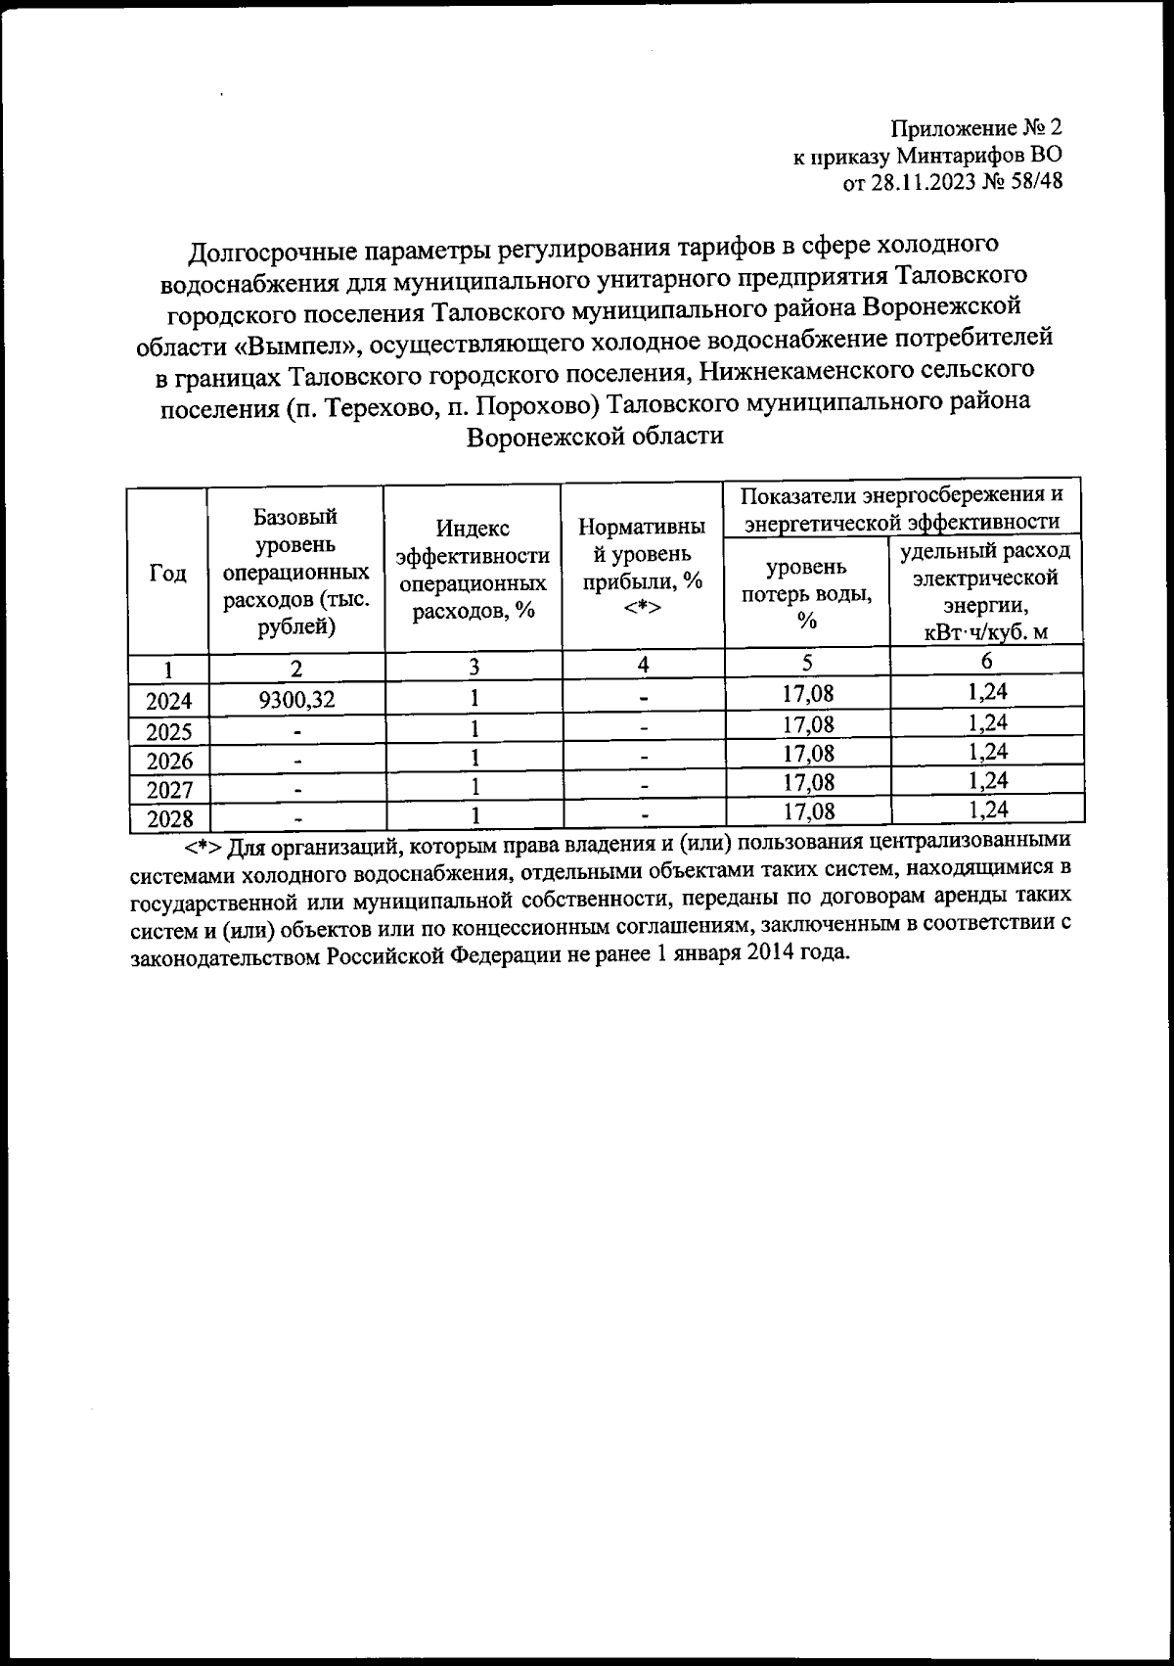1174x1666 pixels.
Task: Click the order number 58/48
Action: [x=1033, y=181]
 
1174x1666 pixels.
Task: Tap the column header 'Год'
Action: [x=167, y=574]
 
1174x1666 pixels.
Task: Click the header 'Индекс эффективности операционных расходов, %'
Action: [x=473, y=570]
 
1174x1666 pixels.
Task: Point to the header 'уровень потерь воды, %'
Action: [x=806, y=593]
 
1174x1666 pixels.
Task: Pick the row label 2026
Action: [x=168, y=761]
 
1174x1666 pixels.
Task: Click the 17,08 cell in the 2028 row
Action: [x=808, y=810]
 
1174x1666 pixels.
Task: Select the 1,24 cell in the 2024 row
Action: [x=986, y=692]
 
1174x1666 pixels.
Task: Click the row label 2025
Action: [x=168, y=731]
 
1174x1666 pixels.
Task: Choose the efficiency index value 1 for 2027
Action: [x=474, y=785]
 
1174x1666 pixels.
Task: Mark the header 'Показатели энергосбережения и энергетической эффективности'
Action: [x=902, y=507]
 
